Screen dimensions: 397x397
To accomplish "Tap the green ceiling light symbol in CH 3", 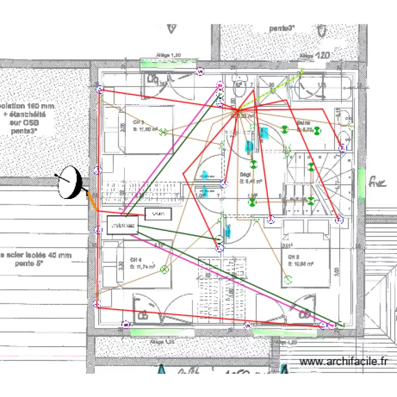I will point(164,132).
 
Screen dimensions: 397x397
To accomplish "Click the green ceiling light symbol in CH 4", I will point(164,269).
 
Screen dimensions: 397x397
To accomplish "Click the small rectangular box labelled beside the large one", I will point(158,214).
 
